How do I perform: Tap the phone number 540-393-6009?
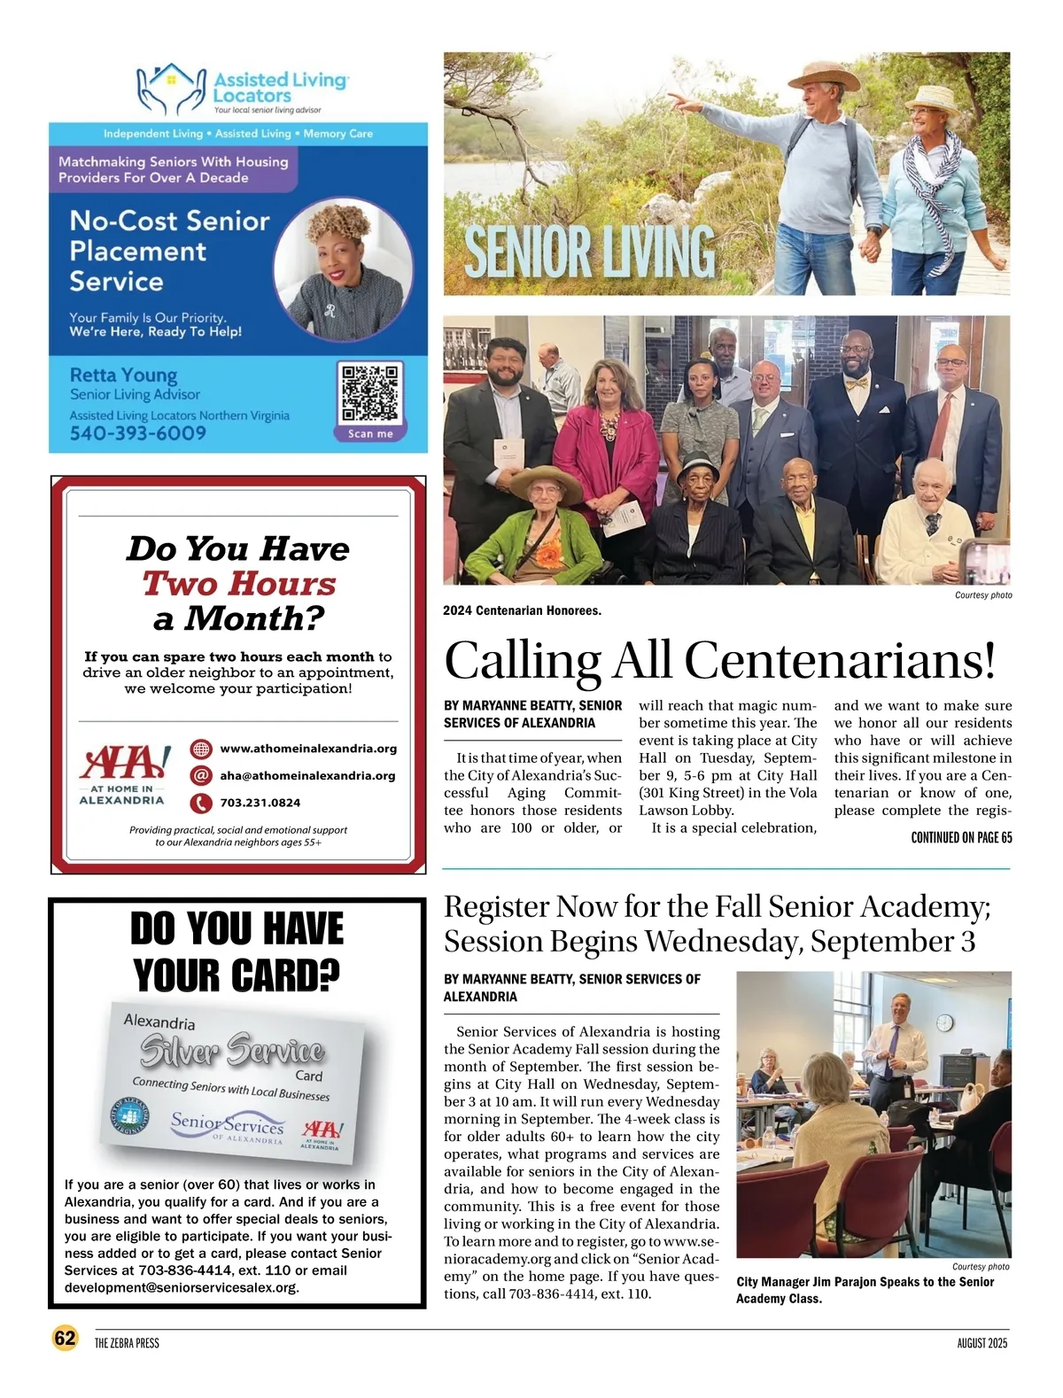138,433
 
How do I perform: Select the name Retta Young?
123,376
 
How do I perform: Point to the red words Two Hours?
239,584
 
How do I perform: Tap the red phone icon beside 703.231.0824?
202,803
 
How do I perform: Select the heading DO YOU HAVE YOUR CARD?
237,951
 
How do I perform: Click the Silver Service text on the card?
232,1051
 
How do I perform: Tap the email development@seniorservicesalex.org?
182,1287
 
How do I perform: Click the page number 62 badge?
65,1338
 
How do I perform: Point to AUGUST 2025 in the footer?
982,1343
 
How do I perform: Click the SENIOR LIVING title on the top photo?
589,252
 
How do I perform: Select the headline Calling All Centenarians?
719,660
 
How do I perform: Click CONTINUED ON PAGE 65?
961,837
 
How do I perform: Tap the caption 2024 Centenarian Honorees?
522,610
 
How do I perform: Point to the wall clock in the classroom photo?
944,1023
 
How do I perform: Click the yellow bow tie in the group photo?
856,384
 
